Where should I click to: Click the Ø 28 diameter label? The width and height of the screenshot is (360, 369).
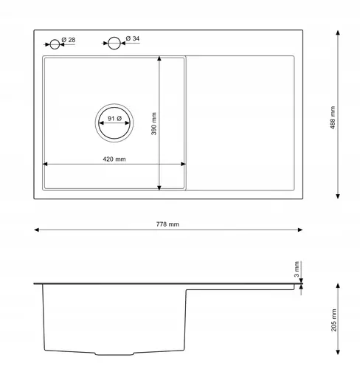(69, 40)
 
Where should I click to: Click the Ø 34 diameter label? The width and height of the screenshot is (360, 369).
(133, 38)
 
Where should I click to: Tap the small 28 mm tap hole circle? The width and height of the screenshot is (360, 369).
(55, 44)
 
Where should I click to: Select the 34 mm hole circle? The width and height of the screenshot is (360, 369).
(114, 44)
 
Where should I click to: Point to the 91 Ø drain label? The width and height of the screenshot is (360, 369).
(114, 119)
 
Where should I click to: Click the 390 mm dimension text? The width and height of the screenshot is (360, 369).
(154, 124)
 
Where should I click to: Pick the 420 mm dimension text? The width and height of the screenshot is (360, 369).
(114, 159)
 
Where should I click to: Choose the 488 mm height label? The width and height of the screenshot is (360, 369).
(333, 117)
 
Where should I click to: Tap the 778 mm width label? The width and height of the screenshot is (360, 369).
(167, 224)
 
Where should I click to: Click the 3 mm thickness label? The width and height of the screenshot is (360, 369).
(297, 269)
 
